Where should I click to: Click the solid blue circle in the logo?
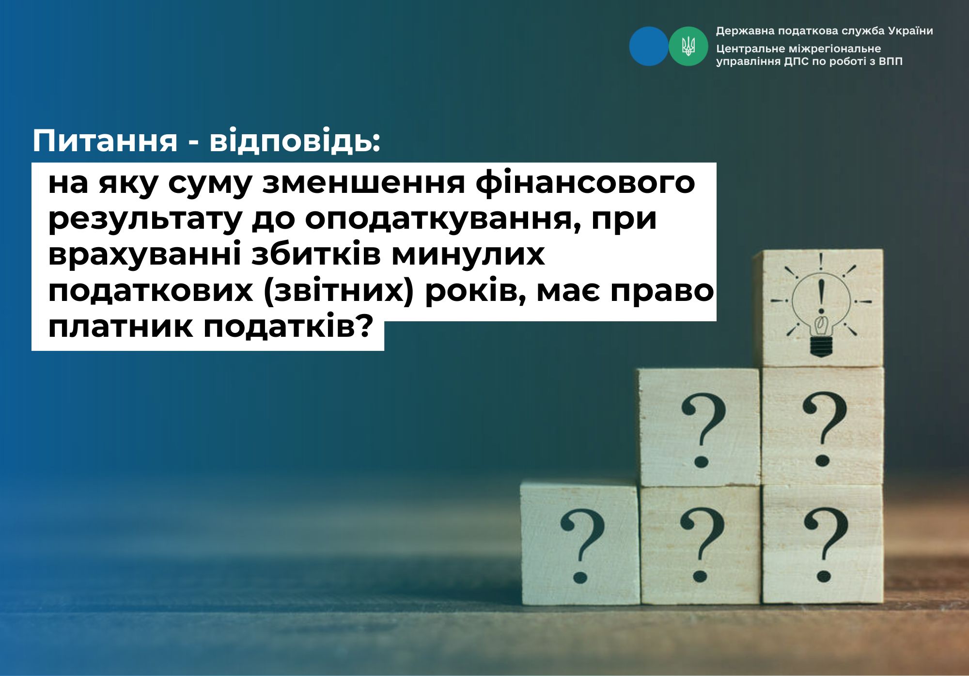pyautogui.click(x=649, y=46)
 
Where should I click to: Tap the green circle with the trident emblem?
pyautogui.click(x=688, y=46)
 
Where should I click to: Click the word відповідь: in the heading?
pyautogui.click(x=295, y=141)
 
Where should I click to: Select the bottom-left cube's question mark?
pyautogui.click(x=582, y=545)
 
